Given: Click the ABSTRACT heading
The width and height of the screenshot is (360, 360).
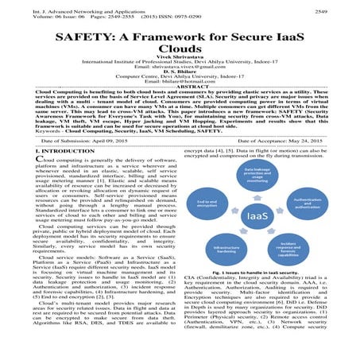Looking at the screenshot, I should [180, 107].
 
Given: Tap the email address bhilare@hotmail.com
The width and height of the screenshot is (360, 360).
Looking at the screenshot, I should [180, 102].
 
